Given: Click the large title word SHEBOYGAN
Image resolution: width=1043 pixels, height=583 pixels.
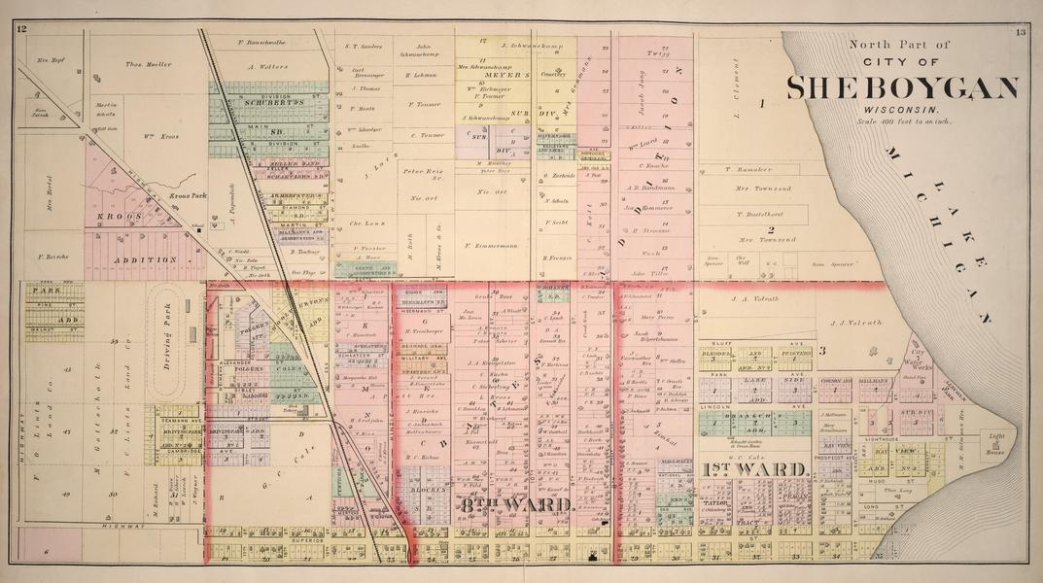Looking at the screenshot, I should click(902, 88).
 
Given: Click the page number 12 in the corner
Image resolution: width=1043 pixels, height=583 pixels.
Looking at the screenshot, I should click(20, 31).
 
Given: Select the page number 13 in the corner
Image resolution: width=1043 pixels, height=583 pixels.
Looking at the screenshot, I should click(1020, 32).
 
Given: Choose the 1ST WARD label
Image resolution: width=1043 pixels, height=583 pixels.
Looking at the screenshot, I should click(755, 470).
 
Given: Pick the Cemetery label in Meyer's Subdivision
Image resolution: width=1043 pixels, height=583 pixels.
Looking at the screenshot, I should click(551, 74).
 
